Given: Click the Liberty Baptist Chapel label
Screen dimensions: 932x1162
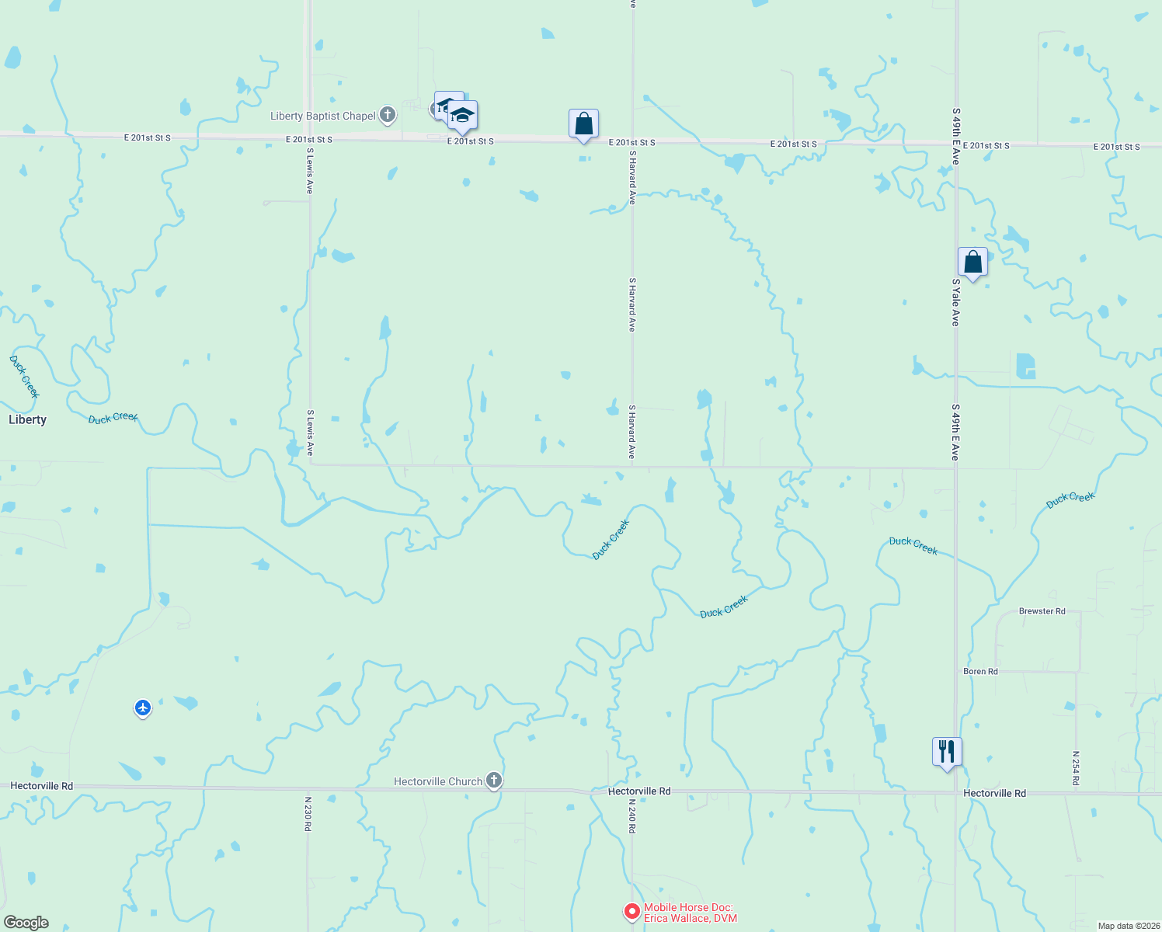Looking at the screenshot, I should click(x=322, y=116).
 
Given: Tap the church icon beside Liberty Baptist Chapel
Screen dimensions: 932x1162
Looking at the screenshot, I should click(x=388, y=116).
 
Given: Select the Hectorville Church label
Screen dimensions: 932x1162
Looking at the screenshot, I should click(x=438, y=782).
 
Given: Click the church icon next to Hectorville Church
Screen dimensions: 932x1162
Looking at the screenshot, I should click(x=494, y=781).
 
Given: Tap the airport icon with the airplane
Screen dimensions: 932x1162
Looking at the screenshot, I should click(x=142, y=708).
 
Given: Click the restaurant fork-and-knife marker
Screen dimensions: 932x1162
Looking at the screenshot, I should click(x=947, y=752).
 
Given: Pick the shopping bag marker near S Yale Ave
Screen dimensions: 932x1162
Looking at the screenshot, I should click(x=972, y=263).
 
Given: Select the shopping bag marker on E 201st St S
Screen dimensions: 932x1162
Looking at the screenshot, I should click(x=583, y=123).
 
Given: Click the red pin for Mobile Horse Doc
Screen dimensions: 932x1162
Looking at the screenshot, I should click(x=632, y=911).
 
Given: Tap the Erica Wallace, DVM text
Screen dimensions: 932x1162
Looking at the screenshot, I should click(x=691, y=919).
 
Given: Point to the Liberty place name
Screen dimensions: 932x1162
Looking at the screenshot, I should click(x=27, y=420).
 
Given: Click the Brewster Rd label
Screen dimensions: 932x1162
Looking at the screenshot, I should click(x=1042, y=611).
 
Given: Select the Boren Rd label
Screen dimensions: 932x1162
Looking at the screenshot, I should click(x=980, y=672).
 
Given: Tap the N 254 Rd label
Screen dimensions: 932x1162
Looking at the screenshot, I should click(x=1076, y=768).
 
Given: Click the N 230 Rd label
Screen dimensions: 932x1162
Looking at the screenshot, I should click(x=308, y=814).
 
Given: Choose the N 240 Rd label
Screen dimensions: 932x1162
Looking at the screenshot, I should click(x=631, y=816).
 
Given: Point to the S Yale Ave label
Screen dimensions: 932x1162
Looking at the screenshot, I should click(x=955, y=303).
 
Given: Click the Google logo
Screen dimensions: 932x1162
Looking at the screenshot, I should click(x=26, y=923).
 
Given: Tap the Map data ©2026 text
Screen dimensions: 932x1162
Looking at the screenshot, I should click(x=1128, y=926).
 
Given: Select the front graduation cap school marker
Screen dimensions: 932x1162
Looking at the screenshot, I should click(x=462, y=116).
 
